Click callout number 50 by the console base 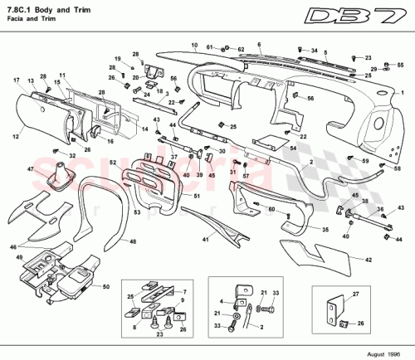(x=106, y=287)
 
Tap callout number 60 (x=270, y=210)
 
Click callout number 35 (x=325, y=229)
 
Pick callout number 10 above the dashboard (x=193, y=45)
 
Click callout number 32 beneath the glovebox (x=72, y=155)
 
